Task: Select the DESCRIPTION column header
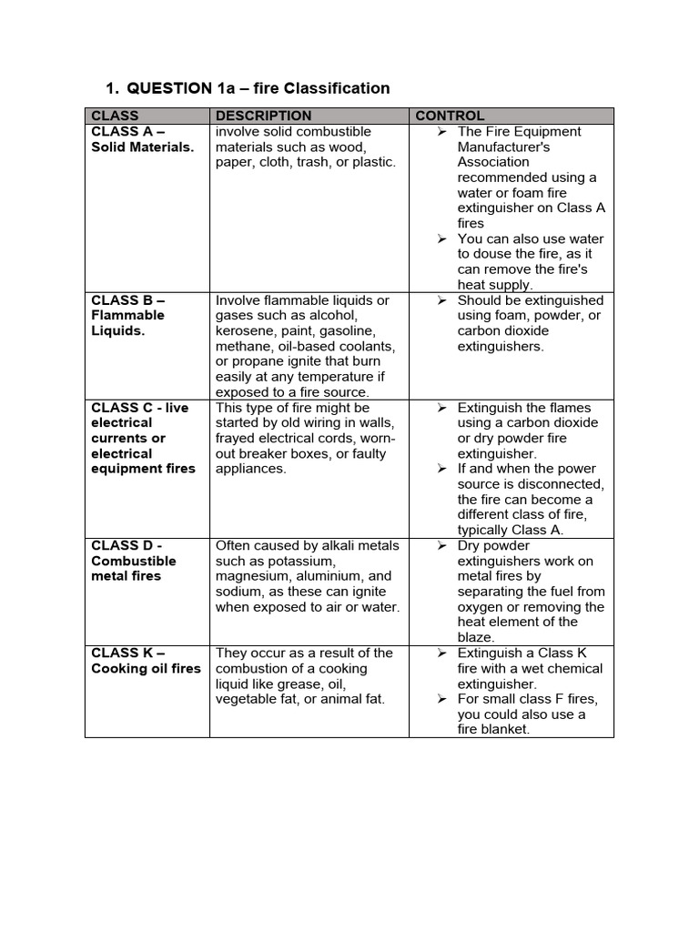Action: point(263,116)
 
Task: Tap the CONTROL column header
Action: point(450,116)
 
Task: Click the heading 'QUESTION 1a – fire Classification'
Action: point(258,88)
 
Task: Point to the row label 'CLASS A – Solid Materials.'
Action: point(142,139)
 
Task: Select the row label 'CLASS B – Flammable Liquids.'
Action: point(128,315)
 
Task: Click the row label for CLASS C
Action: point(143,438)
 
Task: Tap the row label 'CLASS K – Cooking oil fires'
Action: point(146,661)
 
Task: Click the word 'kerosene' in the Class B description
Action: point(244,330)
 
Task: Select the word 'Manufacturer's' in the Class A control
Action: point(503,147)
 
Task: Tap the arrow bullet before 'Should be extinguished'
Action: point(441,299)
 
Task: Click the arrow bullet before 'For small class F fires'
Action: point(441,699)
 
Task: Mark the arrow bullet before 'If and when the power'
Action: point(441,469)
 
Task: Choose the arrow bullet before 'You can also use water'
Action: point(441,238)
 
